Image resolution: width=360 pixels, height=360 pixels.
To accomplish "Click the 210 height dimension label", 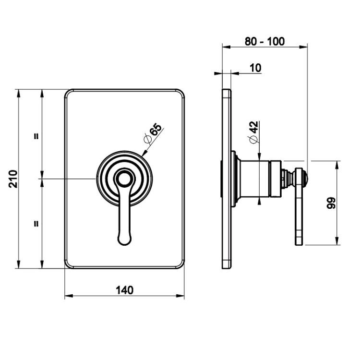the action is click(13, 179).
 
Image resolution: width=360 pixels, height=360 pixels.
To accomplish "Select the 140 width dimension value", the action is click(124, 290).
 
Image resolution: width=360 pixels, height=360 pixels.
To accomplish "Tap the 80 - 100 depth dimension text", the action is click(264, 42).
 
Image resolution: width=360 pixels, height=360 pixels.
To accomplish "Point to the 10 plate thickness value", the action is click(255, 68).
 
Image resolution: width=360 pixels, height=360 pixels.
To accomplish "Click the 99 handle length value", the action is click(331, 203).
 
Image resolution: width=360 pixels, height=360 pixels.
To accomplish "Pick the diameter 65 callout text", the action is click(153, 133).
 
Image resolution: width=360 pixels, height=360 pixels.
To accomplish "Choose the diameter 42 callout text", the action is click(253, 132).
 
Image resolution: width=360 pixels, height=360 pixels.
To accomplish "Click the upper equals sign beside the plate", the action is click(36, 136).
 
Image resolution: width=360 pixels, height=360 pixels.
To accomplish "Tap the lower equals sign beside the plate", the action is click(36, 223).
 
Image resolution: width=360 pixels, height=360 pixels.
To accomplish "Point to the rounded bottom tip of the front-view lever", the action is click(124, 244).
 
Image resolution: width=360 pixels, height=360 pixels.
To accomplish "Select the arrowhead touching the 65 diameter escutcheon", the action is click(144, 154).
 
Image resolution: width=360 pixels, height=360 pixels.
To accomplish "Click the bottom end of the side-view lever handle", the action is click(299, 244).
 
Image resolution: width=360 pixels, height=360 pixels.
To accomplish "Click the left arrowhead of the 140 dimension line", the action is click(69, 296).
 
